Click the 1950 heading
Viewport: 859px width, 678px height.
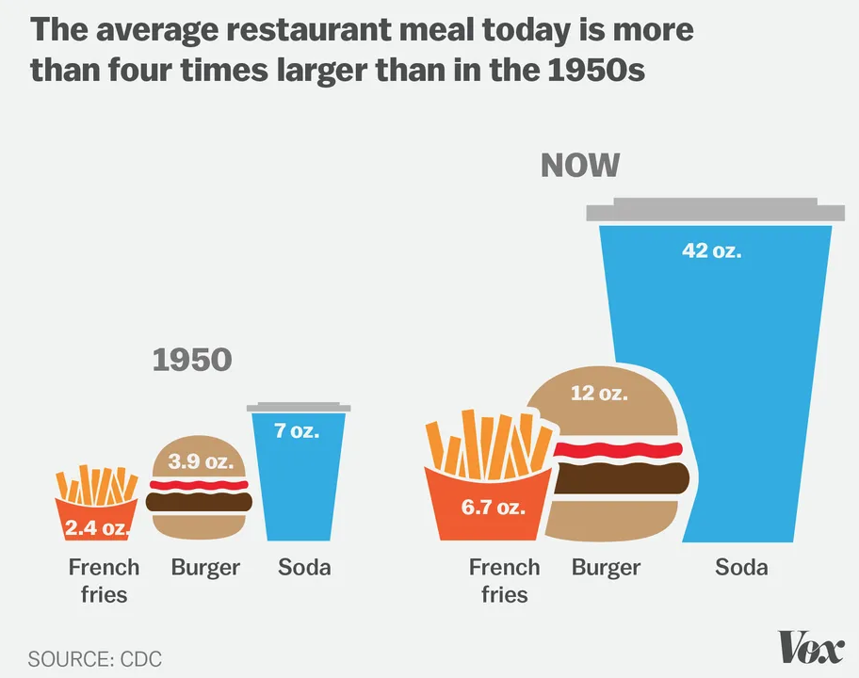192,359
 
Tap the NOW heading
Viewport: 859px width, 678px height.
580,166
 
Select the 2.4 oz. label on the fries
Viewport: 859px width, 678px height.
97,527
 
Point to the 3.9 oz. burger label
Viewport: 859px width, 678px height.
199,461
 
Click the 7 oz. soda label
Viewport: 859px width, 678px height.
297,431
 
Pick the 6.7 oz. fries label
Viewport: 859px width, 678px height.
493,508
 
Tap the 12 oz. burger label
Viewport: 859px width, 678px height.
599,393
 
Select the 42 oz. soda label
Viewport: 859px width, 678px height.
711,251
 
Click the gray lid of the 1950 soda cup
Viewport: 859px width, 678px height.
299,408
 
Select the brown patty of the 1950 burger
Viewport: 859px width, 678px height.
200,501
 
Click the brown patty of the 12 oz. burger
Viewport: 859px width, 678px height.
622,477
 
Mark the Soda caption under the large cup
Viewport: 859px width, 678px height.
741,567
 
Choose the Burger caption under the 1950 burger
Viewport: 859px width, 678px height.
205,567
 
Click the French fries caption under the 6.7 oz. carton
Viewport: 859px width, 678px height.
504,580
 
